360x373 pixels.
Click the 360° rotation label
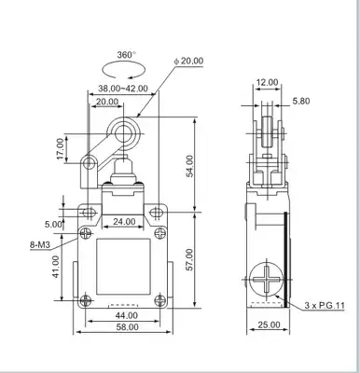click(x=126, y=55)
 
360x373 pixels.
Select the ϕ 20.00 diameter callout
click(x=188, y=61)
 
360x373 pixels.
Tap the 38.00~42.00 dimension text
click(x=123, y=89)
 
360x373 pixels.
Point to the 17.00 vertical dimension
click(x=61, y=149)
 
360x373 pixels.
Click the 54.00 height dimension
click(x=189, y=166)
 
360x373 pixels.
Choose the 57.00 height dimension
click(x=189, y=259)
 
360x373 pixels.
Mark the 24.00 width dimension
click(x=124, y=222)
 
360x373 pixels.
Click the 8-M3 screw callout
click(x=40, y=245)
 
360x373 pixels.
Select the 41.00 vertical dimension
click(x=56, y=267)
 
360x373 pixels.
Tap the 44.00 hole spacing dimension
click(x=127, y=315)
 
